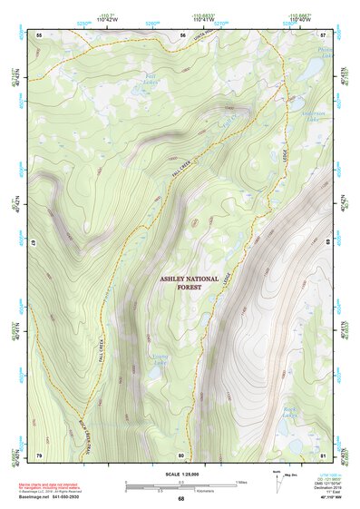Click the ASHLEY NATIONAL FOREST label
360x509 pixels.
click(x=190, y=282)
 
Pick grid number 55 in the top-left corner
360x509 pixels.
click(x=39, y=34)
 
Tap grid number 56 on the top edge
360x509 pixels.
click(x=181, y=34)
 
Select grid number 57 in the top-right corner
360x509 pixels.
click(x=323, y=34)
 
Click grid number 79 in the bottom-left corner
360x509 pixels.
click(x=39, y=454)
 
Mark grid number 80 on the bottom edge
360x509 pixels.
click(x=181, y=454)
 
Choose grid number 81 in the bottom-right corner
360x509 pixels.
click(x=323, y=454)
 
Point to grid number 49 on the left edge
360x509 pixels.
click(x=34, y=244)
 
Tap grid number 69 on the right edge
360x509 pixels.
click(x=328, y=244)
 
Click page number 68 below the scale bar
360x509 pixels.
click(x=181, y=498)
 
